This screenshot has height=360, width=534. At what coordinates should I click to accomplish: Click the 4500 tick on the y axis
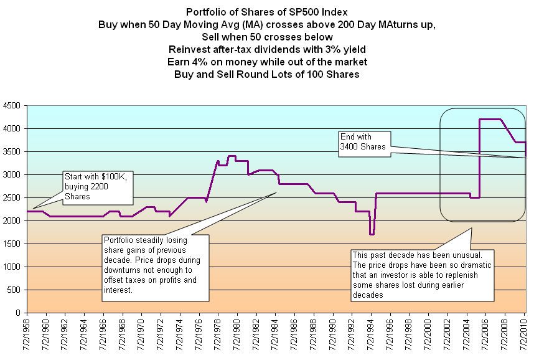[12, 105]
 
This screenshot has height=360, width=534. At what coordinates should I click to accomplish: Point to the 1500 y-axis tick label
[12, 244]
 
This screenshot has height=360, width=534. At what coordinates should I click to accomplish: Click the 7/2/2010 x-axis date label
[524, 336]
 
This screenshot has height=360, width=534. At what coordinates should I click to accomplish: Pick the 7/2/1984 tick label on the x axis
[276, 336]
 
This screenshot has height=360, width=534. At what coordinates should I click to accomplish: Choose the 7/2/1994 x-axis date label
[372, 336]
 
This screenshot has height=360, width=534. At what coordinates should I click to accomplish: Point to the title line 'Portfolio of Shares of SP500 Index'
[267, 12]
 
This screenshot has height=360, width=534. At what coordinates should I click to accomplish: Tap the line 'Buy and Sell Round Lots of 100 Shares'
[266, 74]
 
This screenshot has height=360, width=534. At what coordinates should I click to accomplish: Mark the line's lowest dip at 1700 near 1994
[372, 234]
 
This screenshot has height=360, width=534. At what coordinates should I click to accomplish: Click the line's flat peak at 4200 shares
[490, 119]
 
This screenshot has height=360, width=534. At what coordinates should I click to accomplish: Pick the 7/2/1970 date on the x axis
[142, 336]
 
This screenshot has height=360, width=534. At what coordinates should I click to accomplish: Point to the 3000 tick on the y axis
[12, 174]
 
